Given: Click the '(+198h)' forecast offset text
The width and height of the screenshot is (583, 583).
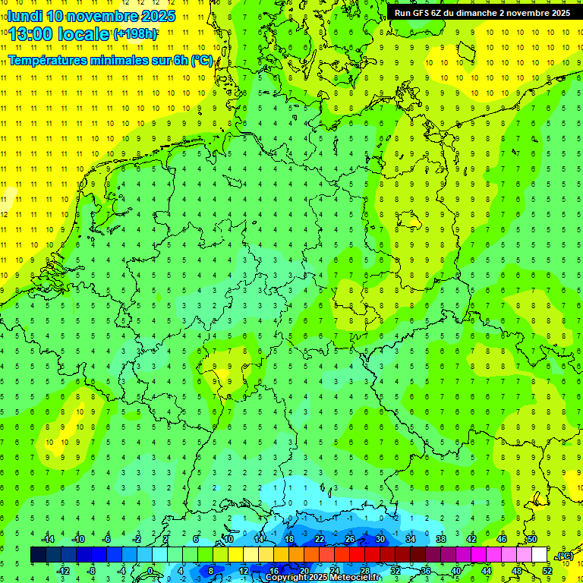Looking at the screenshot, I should tap(135, 33).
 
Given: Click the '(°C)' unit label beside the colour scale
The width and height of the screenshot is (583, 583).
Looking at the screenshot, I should tap(564, 556).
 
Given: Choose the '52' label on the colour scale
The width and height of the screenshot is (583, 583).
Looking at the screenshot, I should tap(547, 570).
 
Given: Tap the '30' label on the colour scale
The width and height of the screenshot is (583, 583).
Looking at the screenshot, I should tap(380, 539).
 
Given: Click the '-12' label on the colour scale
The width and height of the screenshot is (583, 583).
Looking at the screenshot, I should tap(63, 570).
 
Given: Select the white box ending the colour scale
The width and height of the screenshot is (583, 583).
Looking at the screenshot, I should tap(539, 555).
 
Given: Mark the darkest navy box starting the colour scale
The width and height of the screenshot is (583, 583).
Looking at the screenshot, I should tap(38, 555).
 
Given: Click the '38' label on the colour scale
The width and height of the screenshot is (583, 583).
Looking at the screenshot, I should tap(440, 539).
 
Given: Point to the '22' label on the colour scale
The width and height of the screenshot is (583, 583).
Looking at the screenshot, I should tap(319, 539).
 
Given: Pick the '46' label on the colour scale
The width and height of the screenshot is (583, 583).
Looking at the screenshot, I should tap(501, 539).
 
